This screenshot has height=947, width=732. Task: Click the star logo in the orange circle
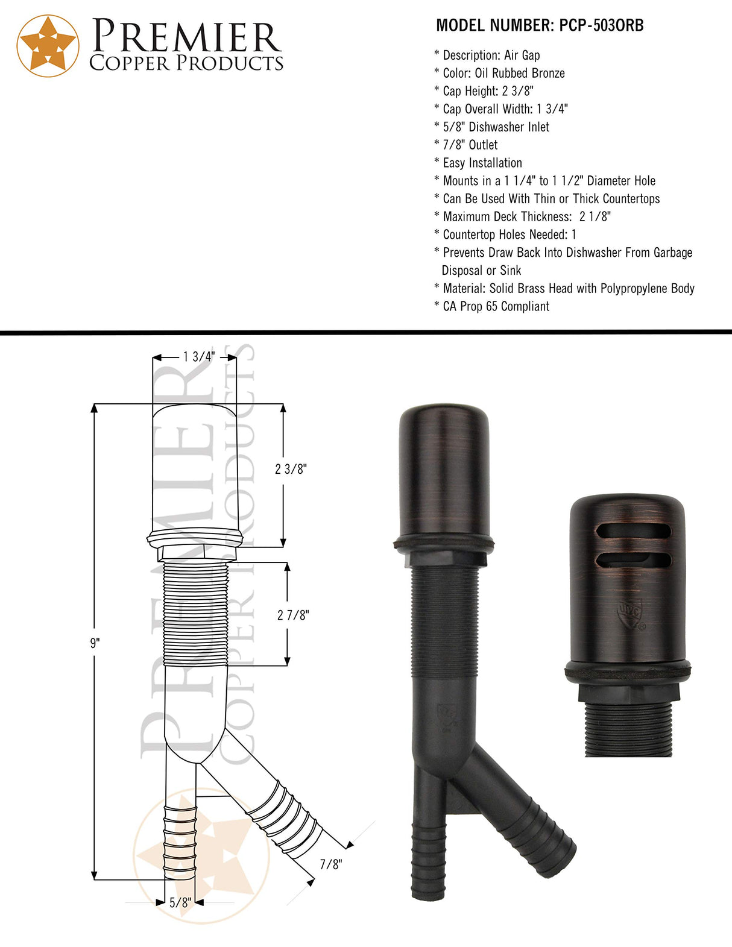coord(48,46)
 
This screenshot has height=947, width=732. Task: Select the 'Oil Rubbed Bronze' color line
coord(503,74)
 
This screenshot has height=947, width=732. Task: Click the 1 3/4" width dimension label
coord(198,357)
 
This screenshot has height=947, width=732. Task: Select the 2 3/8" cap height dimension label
coord(291,469)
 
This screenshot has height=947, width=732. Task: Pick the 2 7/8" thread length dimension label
coord(293,615)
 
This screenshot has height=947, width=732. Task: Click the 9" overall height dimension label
coord(95,643)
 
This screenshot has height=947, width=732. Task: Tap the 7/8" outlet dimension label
coord(330,864)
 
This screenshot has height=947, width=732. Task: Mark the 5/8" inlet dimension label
coord(180,902)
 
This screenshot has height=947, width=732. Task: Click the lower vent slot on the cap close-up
coord(633,560)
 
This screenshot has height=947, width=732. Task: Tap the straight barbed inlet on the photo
coord(428,862)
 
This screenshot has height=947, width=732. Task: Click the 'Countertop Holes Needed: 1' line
coord(509,234)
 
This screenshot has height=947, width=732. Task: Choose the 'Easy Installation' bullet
coord(482,163)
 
